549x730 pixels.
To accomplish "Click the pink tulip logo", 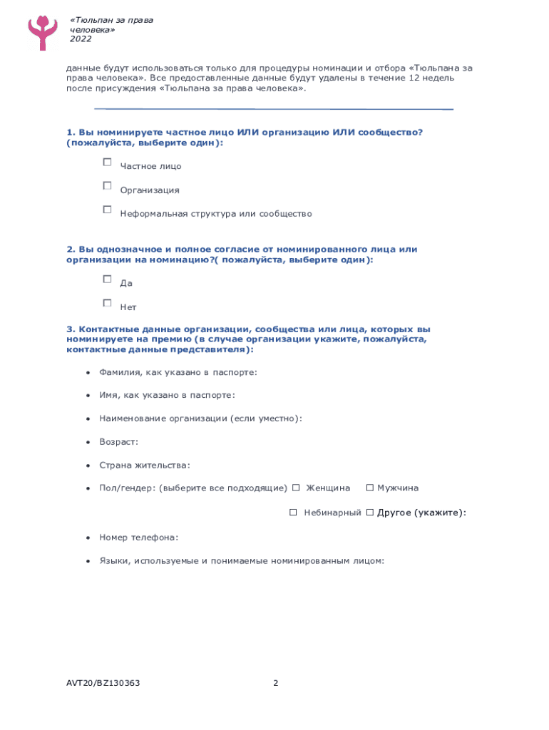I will coord(43,30).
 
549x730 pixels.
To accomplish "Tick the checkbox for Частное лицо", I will coord(107,163).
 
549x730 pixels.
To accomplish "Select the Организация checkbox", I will coord(107,186).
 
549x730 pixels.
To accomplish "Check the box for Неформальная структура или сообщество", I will coord(107,210).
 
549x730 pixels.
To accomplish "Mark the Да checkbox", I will coord(107,279).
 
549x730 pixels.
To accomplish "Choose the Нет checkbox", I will coord(107,303).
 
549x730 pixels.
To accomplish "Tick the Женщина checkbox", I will coord(296,488).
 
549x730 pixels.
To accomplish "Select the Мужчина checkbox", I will coord(369,488).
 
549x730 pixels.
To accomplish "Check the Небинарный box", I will coord(293,513).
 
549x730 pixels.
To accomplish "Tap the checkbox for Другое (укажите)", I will coord(369,513).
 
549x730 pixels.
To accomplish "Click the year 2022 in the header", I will coord(81,39).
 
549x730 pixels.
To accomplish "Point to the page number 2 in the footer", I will coord(275,683).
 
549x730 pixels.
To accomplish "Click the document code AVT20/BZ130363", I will coord(103,683).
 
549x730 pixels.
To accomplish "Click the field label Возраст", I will coord(119,442).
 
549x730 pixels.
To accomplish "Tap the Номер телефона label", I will coord(138,538).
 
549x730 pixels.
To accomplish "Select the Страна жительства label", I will coord(145,466).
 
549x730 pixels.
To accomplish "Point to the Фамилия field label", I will coord(120,372).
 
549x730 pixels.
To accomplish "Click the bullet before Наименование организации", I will coord(87,418).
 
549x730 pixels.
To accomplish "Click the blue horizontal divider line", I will coord(274,109).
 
